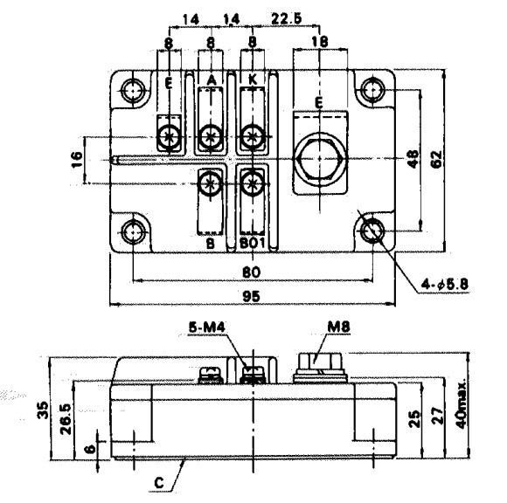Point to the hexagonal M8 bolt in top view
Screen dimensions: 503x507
[316, 161]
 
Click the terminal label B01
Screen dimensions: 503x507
[252, 244]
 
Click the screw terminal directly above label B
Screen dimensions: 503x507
[210, 183]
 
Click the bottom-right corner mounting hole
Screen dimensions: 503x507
[372, 231]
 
